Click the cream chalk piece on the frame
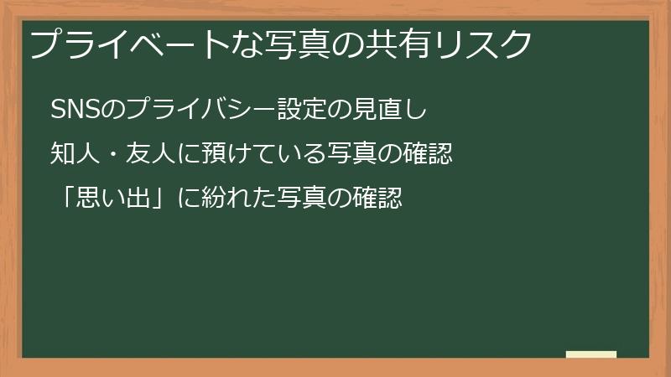click(591, 354)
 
